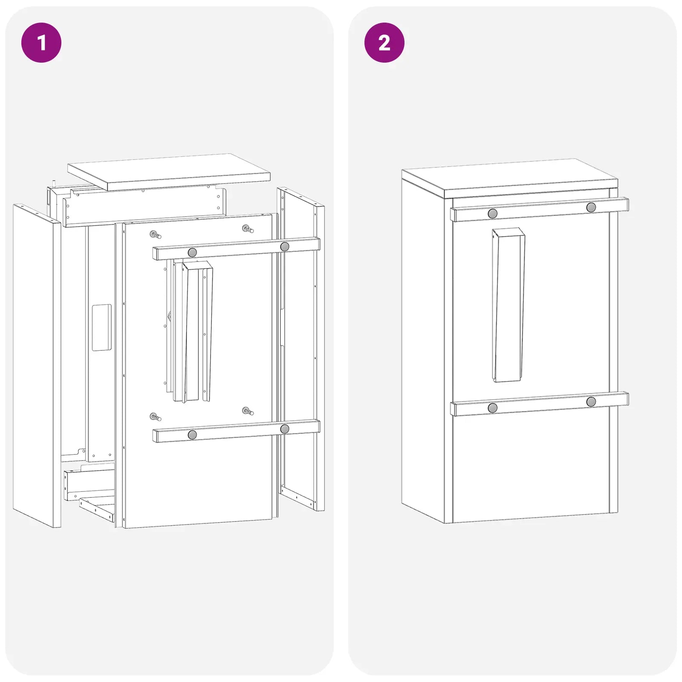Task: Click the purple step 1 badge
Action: (x=41, y=43)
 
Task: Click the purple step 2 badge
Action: (x=384, y=43)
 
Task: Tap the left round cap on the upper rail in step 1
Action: (x=192, y=252)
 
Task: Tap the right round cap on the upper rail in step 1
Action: (x=285, y=246)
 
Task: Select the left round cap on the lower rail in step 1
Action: (x=192, y=435)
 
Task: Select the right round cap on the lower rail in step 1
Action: (x=285, y=429)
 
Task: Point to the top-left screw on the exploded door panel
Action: (x=156, y=234)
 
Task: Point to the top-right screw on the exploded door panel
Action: (x=248, y=229)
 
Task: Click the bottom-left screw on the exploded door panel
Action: (x=156, y=417)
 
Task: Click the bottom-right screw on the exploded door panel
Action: (x=248, y=411)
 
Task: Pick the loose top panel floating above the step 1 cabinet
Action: (x=169, y=172)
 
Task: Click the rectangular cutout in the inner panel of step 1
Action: (x=102, y=327)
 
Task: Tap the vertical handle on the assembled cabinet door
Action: (x=508, y=305)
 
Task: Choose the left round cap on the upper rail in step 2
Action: (x=493, y=214)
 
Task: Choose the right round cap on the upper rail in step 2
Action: (x=591, y=208)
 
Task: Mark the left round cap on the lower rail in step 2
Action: (x=493, y=408)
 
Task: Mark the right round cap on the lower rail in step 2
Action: (x=591, y=402)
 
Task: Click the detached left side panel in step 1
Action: (x=37, y=366)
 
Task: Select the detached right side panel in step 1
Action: (x=301, y=349)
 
